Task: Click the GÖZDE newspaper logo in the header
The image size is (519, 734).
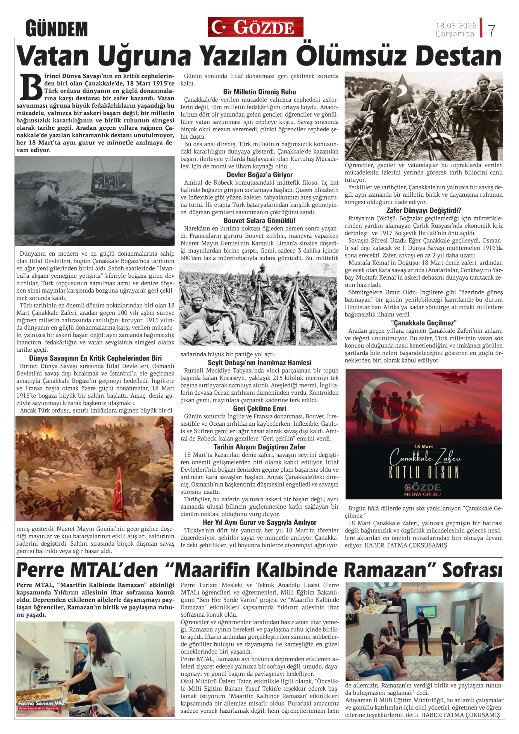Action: click(x=255, y=27)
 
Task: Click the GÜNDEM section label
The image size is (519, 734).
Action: click(x=57, y=29)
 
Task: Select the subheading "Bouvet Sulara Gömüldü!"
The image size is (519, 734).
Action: click(x=259, y=221)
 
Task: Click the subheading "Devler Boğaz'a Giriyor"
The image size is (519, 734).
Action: click(x=259, y=174)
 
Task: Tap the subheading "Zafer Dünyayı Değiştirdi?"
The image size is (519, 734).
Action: click(x=423, y=210)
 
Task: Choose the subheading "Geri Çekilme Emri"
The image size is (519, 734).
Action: click(x=259, y=408)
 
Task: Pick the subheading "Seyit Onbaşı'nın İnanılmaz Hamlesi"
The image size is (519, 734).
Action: click(x=259, y=363)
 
